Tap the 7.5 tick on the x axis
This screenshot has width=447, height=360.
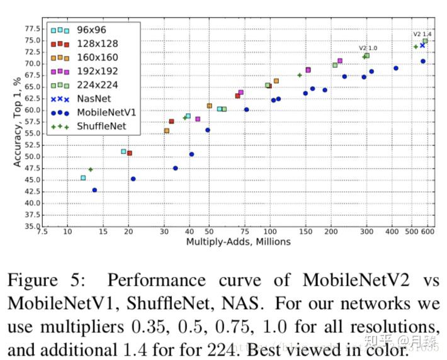coord(42,232)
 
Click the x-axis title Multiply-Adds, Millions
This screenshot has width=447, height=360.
coord(238,242)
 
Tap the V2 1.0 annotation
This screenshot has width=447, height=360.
coord(368,48)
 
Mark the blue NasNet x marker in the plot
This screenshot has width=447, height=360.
coord(422,45)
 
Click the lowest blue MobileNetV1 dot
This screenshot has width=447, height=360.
coord(94,190)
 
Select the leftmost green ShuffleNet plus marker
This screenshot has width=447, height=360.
coord(91,169)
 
